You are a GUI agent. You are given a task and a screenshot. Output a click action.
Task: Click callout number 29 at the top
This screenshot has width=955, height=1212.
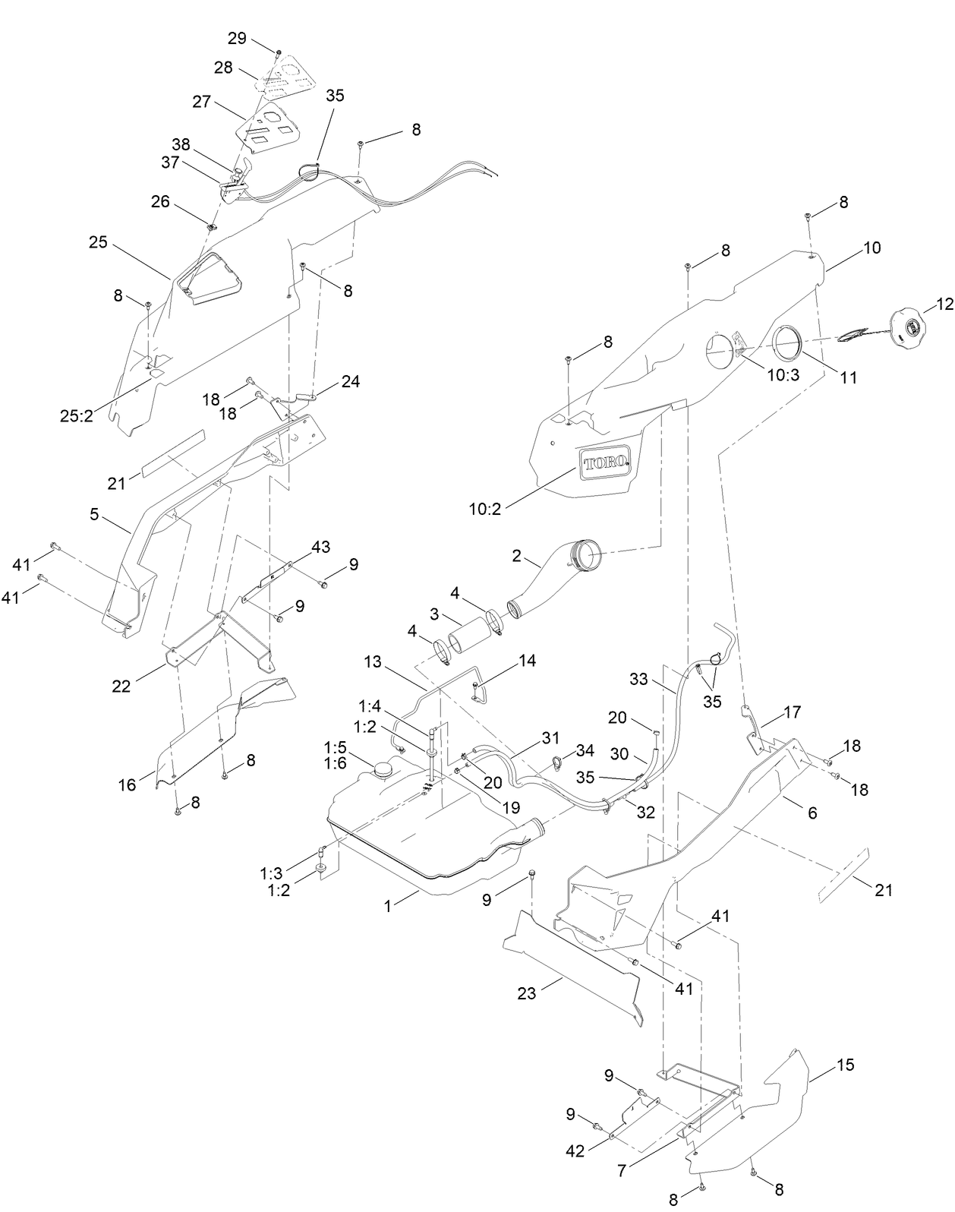tap(237, 38)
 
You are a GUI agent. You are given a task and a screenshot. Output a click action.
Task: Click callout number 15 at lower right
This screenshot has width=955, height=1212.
tap(846, 1065)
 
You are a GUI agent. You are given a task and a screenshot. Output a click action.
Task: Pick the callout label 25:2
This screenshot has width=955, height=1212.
tap(77, 415)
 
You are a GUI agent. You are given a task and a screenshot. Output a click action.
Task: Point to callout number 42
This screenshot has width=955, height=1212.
tap(575, 1150)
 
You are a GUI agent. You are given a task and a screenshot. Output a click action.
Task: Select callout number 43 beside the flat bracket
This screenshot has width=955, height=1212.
tap(320, 547)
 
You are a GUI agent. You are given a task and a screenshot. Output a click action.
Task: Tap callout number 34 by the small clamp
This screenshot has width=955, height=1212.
tap(585, 751)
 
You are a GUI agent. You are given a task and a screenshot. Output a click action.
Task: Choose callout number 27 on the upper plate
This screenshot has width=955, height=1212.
tap(201, 102)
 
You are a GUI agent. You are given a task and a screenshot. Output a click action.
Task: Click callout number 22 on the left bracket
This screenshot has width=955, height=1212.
tap(121, 686)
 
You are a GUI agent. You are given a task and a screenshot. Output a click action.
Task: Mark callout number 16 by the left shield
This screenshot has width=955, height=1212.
tap(127, 784)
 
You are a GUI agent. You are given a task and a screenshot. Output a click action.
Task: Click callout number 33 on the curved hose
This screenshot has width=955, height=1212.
tap(638, 679)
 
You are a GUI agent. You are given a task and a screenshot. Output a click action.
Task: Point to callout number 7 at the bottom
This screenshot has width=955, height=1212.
tap(622, 1171)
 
